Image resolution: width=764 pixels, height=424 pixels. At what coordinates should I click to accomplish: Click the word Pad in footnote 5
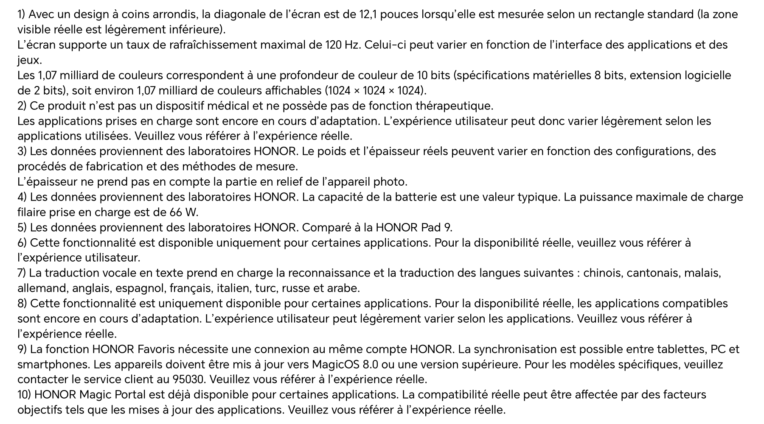(x=431, y=228)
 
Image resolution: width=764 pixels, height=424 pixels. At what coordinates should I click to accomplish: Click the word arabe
(x=344, y=288)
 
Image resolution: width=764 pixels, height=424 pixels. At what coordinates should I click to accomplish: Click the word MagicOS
(x=337, y=365)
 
